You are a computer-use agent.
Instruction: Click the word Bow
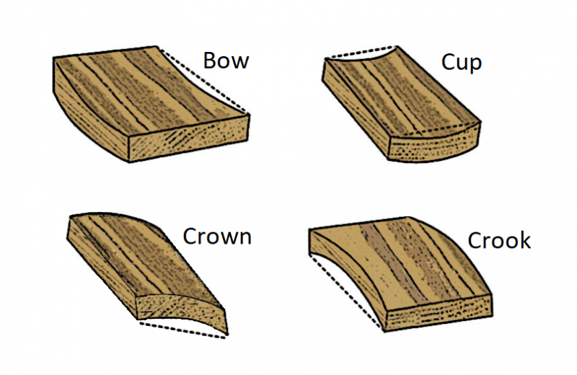pyautogui.click(x=226, y=61)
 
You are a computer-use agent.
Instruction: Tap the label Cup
pyautogui.click(x=462, y=63)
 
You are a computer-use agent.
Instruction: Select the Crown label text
pyautogui.click(x=217, y=237)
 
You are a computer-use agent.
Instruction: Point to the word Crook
pyautogui.click(x=499, y=241)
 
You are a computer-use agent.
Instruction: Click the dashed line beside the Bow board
pyautogui.click(x=203, y=80)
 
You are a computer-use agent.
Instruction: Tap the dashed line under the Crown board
pyautogui.click(x=183, y=330)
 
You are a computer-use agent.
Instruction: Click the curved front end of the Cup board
pyautogui.click(x=434, y=144)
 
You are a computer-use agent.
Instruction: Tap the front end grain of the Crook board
pyautogui.click(x=438, y=313)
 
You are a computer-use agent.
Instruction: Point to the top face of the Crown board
pyautogui.click(x=147, y=257)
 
